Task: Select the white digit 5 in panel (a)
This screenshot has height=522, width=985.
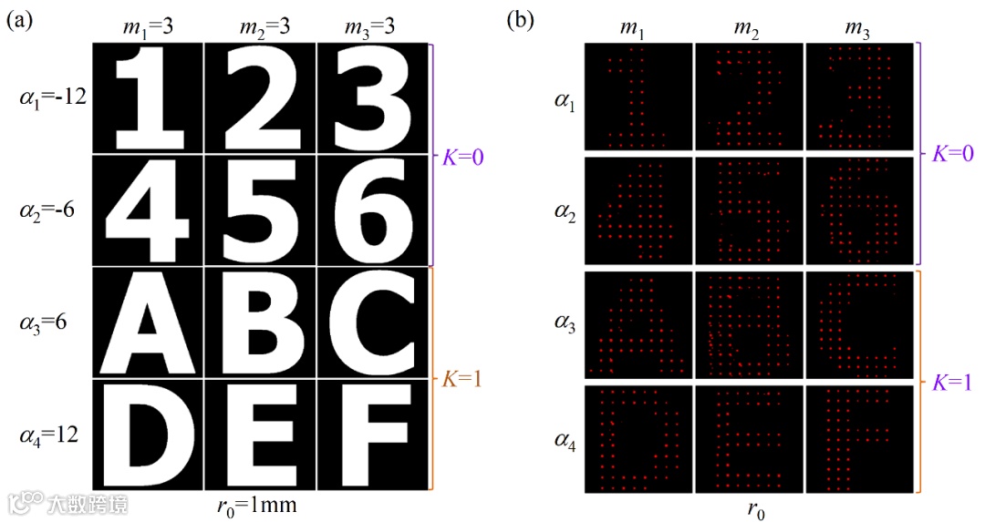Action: click(259, 210)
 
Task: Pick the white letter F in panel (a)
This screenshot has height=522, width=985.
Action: click(372, 435)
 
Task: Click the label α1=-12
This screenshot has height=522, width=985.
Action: click(52, 97)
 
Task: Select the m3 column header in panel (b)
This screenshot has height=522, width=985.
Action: click(858, 31)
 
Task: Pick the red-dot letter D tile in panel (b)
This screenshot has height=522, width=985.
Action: click(637, 439)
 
